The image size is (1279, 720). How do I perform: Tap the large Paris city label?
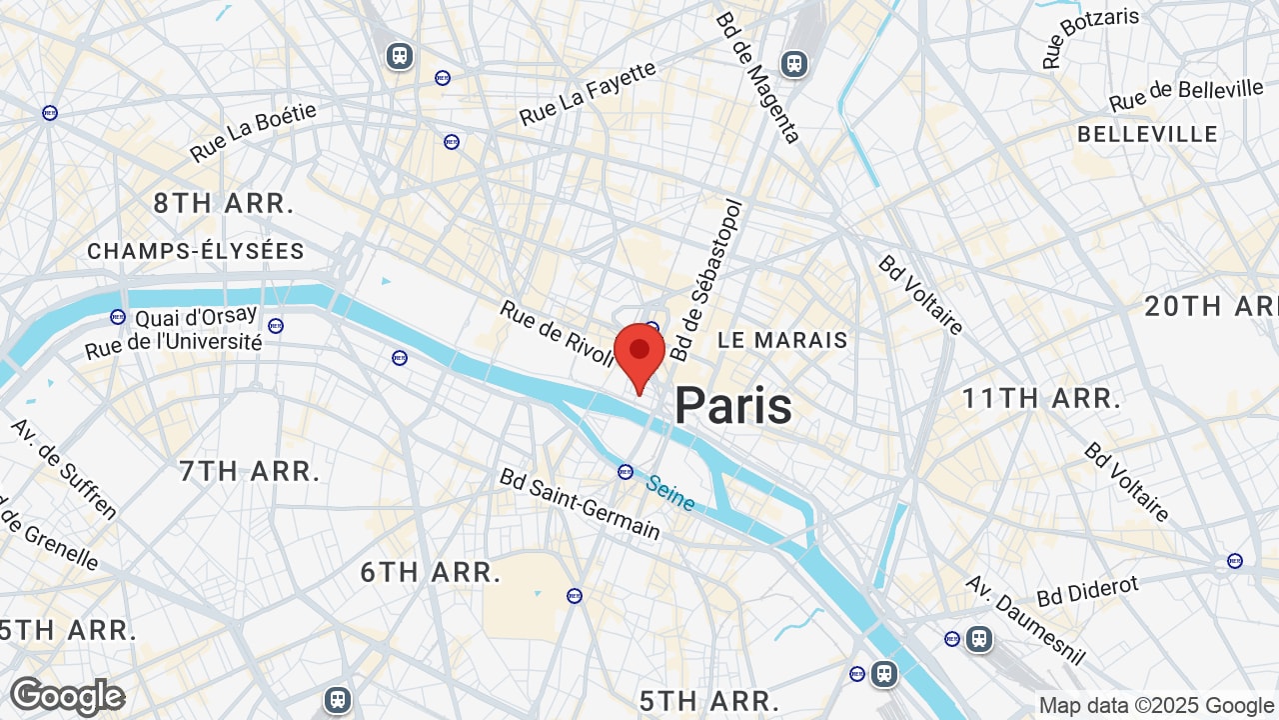tap(733, 406)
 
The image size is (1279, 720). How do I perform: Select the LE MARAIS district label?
tap(782, 340)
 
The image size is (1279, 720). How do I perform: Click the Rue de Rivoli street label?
tap(558, 334)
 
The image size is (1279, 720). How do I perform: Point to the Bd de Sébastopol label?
tap(707, 280)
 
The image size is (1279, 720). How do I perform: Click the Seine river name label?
tap(670, 492)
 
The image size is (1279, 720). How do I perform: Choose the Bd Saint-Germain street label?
tap(580, 504)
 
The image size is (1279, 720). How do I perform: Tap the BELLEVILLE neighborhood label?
tap(1147, 134)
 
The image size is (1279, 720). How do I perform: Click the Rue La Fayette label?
tap(588, 94)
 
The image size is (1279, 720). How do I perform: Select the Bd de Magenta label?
tap(757, 77)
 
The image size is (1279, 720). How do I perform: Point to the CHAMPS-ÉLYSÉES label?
tap(196, 251)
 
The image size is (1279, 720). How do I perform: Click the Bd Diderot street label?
tap(1087, 591)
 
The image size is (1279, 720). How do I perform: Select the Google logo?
tap(67, 697)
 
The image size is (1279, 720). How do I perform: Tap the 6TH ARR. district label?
tap(431, 573)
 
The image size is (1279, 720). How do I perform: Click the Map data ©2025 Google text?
tap(1156, 706)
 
